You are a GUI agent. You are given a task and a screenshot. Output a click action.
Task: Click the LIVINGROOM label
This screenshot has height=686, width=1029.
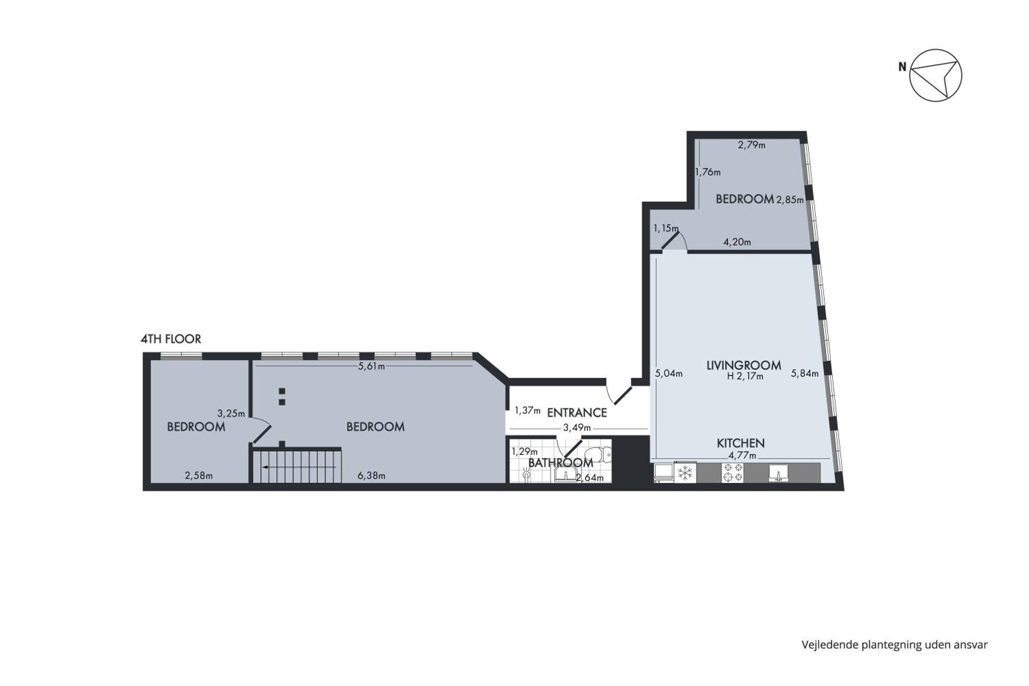pos(743,366)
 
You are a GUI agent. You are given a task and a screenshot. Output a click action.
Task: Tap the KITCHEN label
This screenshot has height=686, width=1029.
pos(741,443)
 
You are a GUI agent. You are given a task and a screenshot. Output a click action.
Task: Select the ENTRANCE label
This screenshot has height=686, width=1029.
pos(577,413)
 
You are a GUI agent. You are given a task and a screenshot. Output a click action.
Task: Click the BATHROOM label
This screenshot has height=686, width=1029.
pos(561,463)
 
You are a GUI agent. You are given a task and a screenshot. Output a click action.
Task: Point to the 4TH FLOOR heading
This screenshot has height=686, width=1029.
pos(170,339)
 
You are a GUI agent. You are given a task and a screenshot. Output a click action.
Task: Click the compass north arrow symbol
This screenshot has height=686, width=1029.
pos(935,76)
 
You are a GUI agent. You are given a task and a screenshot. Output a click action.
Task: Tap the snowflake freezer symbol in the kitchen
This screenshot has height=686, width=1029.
pos(685,473)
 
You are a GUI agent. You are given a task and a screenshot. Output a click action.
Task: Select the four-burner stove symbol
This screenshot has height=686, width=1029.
pos(733,473)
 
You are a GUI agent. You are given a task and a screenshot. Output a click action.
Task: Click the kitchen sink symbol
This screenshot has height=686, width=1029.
pos(778,473)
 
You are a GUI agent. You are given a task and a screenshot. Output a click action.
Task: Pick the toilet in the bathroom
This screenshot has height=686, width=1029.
pos(599,455)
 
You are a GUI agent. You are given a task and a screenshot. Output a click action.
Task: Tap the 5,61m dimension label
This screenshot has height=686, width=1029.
pos(371,367)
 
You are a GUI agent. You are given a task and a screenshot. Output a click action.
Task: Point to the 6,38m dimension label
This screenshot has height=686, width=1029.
pos(371,475)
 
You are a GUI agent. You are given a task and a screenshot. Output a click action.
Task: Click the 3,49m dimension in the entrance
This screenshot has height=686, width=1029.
pos(577,428)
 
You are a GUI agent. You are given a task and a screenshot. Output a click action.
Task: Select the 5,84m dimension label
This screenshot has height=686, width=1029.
pos(804,374)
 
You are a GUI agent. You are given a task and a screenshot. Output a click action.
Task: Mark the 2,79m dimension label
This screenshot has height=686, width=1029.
pos(751,145)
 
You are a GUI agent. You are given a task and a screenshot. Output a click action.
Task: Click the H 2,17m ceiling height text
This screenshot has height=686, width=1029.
pos(745,376)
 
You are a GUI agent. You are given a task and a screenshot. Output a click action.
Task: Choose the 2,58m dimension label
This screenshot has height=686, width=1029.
pos(198,475)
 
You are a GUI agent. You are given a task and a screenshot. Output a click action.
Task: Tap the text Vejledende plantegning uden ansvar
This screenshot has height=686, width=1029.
pos(894,645)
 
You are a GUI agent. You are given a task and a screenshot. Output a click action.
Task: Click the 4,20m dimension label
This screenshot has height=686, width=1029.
pos(737,242)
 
